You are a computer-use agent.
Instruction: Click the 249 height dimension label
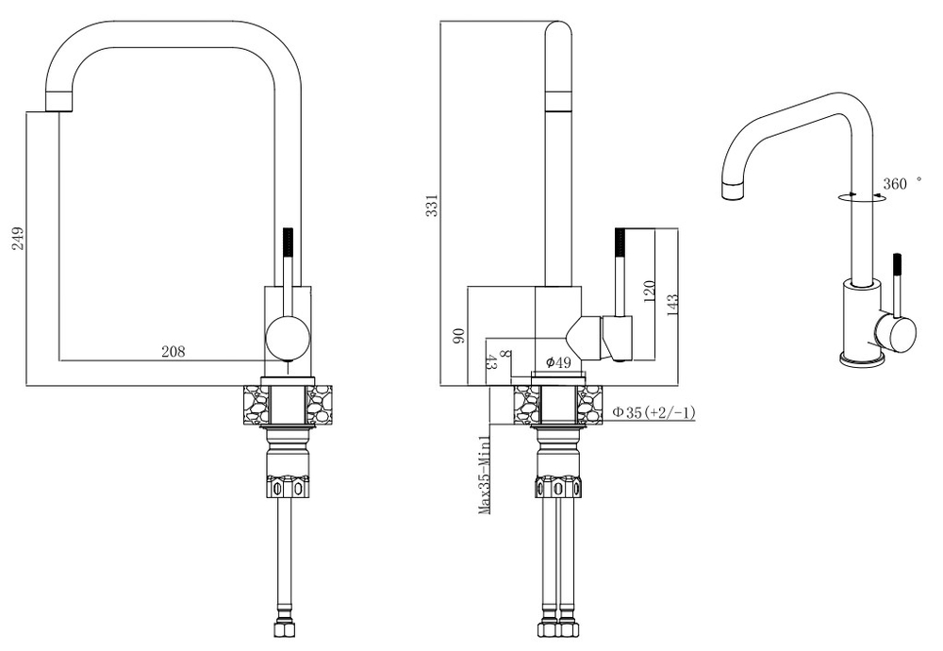click(x=17, y=239)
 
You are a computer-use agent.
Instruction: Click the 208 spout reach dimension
click(x=174, y=351)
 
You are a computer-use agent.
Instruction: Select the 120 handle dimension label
click(x=649, y=292)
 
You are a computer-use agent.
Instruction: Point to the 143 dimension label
click(x=671, y=305)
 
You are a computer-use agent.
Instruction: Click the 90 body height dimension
click(x=458, y=335)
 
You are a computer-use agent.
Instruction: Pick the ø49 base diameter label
click(x=558, y=362)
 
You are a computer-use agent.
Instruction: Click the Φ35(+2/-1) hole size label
click(x=653, y=412)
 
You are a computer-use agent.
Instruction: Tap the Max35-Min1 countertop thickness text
click(x=485, y=476)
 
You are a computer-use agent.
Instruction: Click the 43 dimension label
click(x=490, y=362)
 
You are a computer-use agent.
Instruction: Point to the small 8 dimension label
click(x=505, y=355)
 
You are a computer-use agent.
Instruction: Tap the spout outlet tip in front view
click(x=59, y=102)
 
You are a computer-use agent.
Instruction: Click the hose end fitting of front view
click(x=284, y=628)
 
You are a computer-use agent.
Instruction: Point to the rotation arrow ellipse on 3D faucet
click(x=861, y=197)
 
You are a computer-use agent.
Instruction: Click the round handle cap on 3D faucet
click(x=896, y=331)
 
